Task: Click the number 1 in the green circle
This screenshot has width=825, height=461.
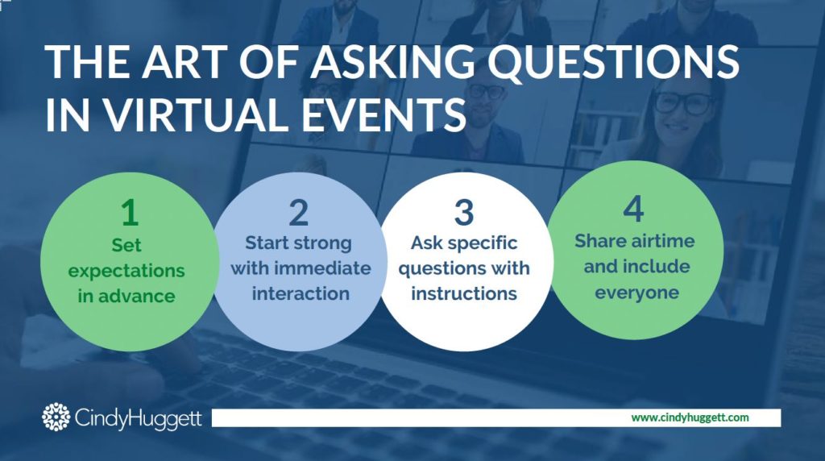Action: click(128, 212)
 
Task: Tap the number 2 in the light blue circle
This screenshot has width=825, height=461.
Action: click(299, 212)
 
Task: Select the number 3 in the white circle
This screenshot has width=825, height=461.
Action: click(463, 213)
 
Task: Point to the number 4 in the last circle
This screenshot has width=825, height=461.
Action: click(633, 210)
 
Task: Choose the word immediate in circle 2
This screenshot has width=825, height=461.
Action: click(330, 268)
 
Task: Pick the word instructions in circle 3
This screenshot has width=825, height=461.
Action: click(463, 293)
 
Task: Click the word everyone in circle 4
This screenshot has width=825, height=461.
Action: click(633, 292)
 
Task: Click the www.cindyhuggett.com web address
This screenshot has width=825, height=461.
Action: click(690, 417)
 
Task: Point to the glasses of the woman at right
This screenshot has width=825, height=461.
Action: click(683, 103)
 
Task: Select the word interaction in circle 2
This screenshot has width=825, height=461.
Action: click(300, 293)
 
